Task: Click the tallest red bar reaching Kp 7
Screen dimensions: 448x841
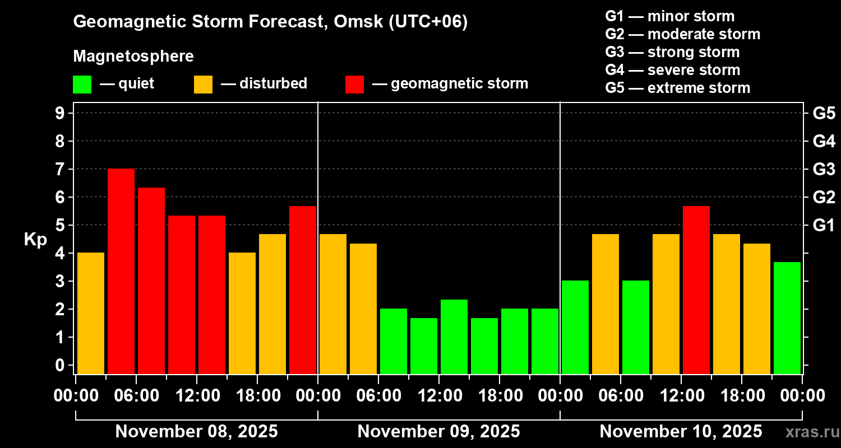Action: coord(121,271)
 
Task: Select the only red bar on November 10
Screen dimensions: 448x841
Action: coord(696,290)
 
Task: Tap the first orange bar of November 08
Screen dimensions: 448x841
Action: coord(91,313)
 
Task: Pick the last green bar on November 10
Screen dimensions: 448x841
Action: coord(787,318)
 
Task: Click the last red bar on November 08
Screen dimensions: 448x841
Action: coord(303,290)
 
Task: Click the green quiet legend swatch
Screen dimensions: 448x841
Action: coord(82,84)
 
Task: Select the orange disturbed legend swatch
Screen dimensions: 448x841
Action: coord(203,84)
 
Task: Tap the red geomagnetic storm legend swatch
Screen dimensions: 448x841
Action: coord(354,84)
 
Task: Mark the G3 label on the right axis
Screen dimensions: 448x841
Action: coord(824,169)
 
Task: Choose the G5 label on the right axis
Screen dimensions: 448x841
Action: coord(824,113)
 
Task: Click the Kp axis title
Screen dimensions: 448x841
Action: coord(35,239)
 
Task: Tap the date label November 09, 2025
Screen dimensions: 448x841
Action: coord(438,432)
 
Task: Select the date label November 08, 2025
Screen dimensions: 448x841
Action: coord(196,432)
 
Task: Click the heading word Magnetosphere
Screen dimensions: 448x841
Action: coord(133,57)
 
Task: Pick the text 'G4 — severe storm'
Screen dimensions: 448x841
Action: coord(673,70)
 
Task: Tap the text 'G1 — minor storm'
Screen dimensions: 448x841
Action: coord(670,16)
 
